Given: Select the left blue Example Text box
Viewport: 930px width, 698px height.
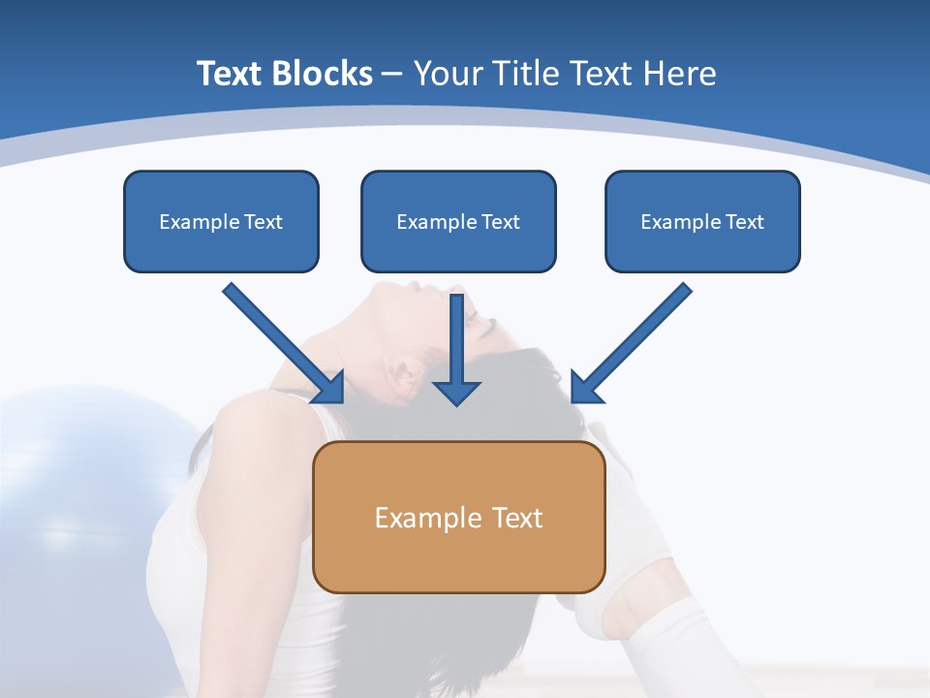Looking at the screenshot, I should (x=221, y=222).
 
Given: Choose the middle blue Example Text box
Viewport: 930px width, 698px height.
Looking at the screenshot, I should (x=458, y=222).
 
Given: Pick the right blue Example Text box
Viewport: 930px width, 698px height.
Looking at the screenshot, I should (x=702, y=222).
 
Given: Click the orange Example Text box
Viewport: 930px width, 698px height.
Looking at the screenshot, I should (x=459, y=518).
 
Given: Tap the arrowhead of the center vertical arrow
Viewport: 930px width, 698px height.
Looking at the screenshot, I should (x=456, y=392).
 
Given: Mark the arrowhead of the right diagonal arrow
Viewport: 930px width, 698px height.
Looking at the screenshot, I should (x=584, y=389).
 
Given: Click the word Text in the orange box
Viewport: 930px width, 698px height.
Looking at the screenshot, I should (x=517, y=518).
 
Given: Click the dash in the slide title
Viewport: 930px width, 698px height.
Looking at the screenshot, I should (x=392, y=74).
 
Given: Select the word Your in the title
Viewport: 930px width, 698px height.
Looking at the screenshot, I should (x=447, y=74).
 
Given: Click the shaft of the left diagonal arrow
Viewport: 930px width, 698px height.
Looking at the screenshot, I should (x=271, y=330).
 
